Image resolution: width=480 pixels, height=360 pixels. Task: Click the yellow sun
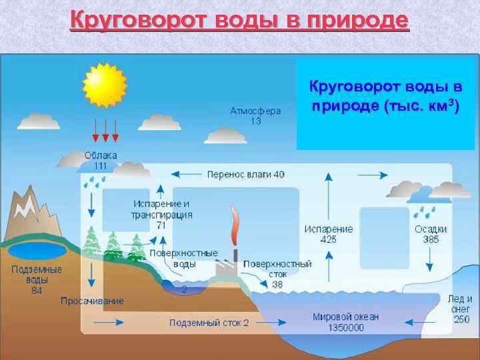tap(104, 85)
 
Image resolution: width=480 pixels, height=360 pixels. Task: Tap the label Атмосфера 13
tap(255, 116)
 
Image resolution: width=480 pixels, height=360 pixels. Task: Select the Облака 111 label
tap(101, 160)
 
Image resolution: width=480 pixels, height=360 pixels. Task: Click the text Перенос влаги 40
tap(245, 174)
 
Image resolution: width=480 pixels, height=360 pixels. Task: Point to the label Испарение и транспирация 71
tap(162, 214)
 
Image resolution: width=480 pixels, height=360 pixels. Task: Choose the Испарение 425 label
tap(328, 234)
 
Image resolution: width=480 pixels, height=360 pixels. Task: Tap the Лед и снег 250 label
tap(460, 309)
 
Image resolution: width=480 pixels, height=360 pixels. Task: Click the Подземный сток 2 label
tap(209, 323)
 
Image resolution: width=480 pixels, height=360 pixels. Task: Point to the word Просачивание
tap(92, 301)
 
